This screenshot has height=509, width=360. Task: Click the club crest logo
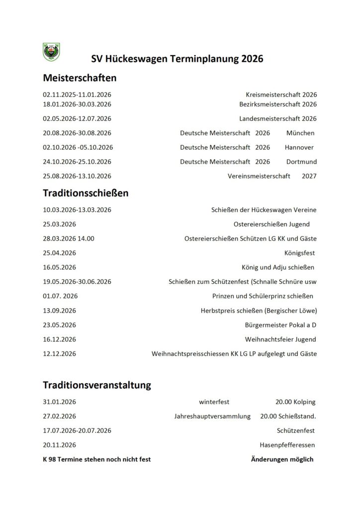tap(51, 51)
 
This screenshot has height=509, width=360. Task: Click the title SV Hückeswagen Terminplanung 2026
tap(177, 59)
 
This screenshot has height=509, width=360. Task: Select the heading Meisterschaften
tap(80, 78)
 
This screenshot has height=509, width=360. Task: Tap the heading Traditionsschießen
tap(86, 193)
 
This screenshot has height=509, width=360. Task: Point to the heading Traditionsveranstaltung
tap(97, 385)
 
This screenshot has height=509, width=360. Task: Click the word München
tap(300, 133)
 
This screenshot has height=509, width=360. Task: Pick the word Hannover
tap(299, 148)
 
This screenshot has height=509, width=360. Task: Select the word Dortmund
tap(301, 162)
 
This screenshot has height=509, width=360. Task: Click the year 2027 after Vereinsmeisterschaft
tap(309, 176)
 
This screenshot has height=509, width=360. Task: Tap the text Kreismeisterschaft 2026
tap(281, 94)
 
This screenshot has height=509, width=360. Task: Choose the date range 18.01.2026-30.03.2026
tap(77, 104)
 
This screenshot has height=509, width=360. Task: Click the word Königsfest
tap(300, 253)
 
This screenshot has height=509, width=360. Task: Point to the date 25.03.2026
tap(60, 224)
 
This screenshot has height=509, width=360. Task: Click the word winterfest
tap(214, 402)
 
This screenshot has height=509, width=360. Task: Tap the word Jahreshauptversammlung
tap(212, 416)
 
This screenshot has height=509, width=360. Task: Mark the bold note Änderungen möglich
tap(282, 459)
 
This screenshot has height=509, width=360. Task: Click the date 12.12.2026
tap(60, 354)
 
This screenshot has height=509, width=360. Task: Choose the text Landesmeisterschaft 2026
tap(277, 119)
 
